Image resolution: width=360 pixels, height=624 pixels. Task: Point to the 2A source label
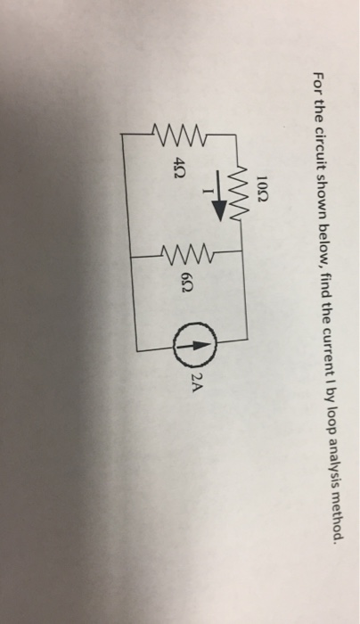point(197,382)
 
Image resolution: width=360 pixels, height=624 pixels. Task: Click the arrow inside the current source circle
point(194,346)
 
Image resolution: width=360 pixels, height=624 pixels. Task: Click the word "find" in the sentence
point(323,282)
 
